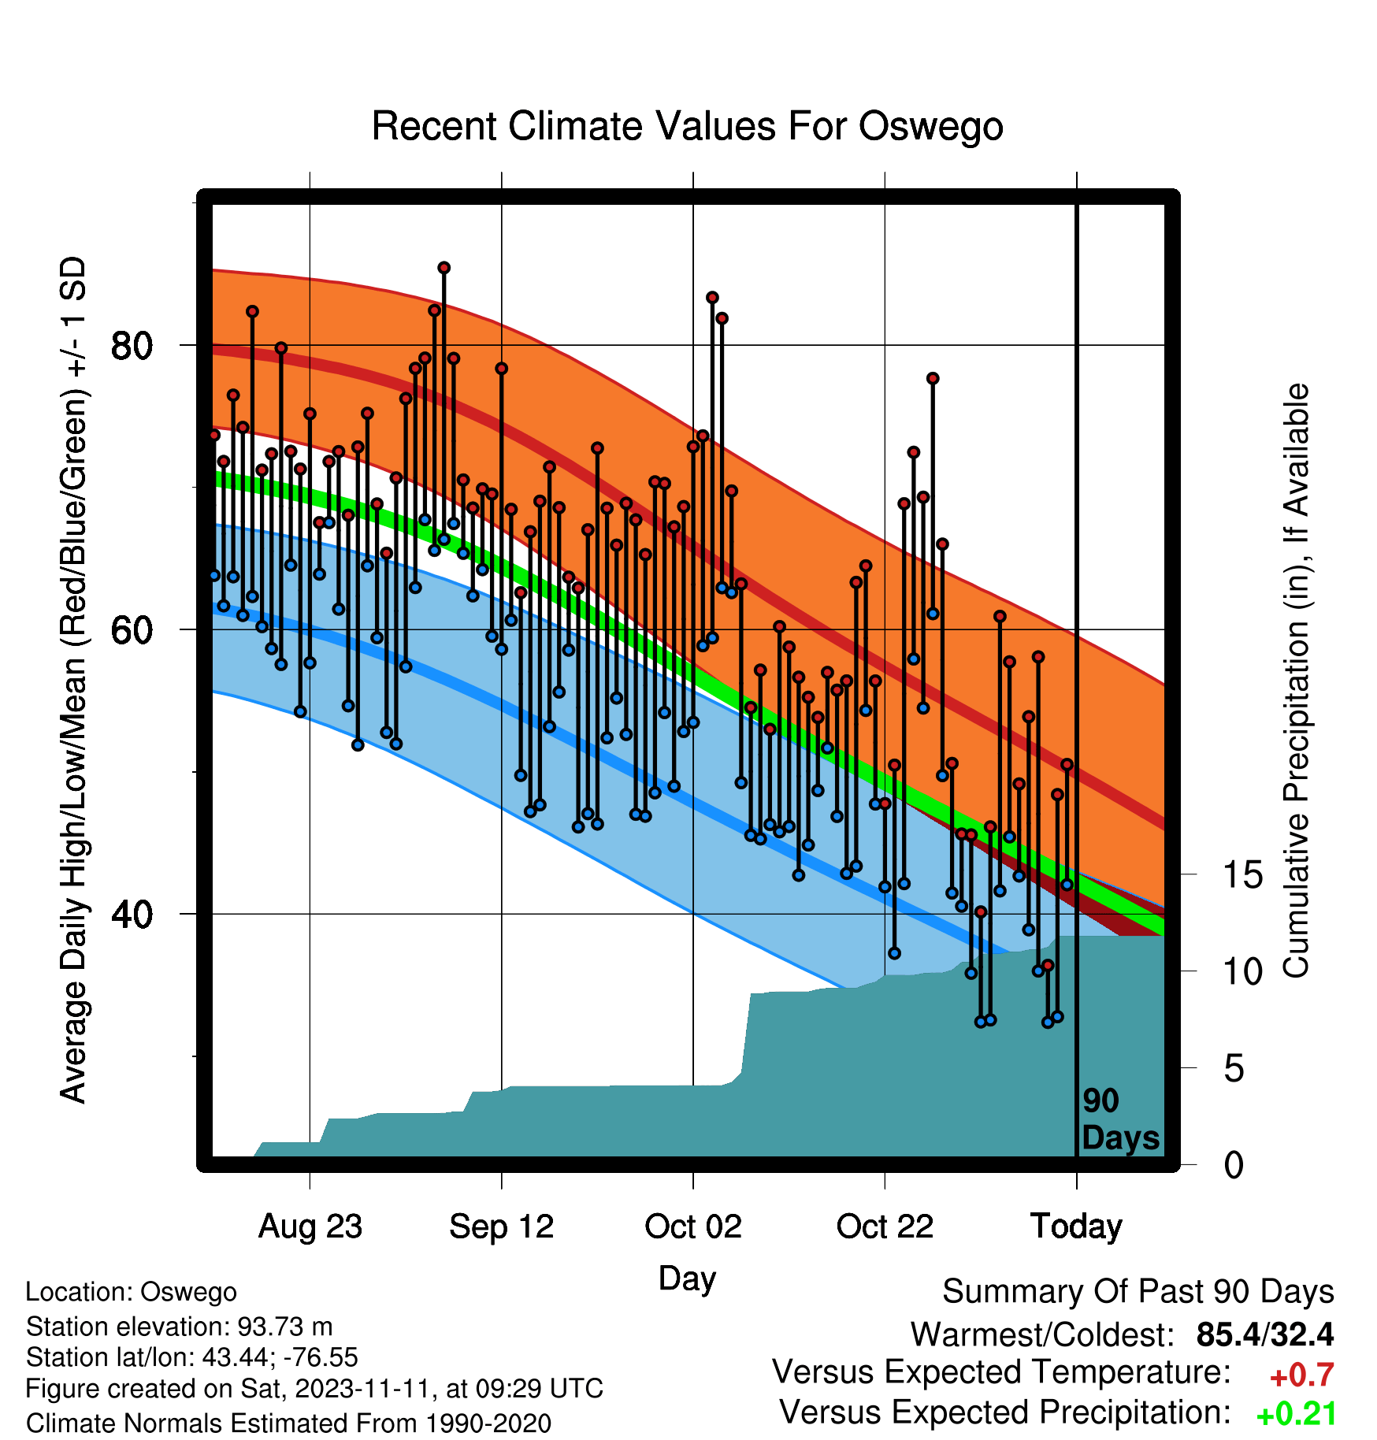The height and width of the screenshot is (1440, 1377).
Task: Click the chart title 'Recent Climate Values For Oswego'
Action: [x=687, y=126]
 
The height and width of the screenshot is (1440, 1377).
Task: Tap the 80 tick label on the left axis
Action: [x=132, y=345]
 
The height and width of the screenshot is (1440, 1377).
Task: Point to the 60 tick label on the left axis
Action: [x=132, y=629]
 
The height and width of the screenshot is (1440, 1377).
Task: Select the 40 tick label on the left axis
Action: [x=132, y=914]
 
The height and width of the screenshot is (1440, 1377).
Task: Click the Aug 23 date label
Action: [x=310, y=1227]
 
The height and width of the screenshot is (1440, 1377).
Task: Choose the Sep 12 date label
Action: [x=502, y=1227]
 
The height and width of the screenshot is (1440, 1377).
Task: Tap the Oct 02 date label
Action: [x=693, y=1227]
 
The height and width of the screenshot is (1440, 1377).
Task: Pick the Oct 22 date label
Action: [x=885, y=1227]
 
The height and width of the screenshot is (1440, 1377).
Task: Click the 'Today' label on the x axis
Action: [x=1076, y=1227]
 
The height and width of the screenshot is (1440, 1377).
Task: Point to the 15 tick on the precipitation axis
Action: [x=1242, y=874]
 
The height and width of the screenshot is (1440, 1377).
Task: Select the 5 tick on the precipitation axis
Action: [x=1234, y=1068]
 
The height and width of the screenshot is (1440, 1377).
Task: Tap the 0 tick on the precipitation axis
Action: [x=1234, y=1164]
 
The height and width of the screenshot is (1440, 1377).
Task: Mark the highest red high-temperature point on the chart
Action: [x=444, y=268]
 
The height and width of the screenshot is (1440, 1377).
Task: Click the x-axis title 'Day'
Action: [x=687, y=1279]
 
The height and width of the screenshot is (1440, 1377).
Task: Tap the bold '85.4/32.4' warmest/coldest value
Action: [x=1264, y=1334]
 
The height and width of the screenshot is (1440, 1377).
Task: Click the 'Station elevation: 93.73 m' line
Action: [x=179, y=1327]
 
